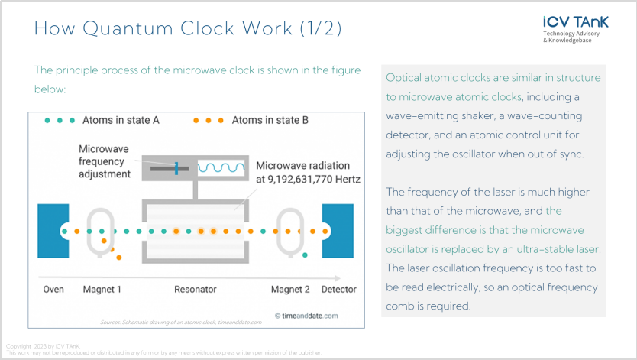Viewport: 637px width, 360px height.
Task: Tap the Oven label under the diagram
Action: pos(53,290)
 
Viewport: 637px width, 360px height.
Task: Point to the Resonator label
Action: pos(196,290)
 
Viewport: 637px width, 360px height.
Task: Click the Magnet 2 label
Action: pos(291,290)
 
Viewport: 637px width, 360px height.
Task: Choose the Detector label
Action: pos(338,290)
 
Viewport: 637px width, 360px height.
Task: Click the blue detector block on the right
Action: pos(338,230)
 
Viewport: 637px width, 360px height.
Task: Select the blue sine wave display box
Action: pos(221,167)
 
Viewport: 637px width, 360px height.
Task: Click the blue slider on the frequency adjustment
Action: pos(175,167)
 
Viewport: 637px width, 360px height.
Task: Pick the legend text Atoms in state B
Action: pos(270,120)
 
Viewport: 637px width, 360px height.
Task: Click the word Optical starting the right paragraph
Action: pos(404,79)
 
